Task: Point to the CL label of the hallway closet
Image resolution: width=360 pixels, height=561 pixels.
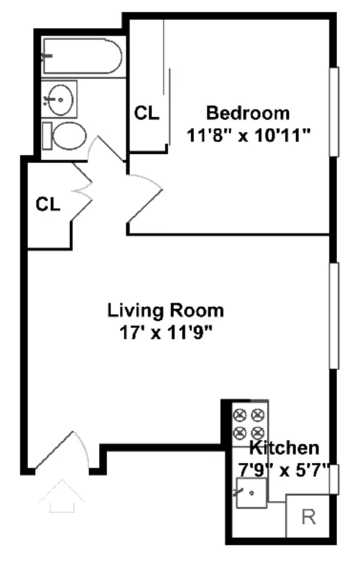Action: click(48, 204)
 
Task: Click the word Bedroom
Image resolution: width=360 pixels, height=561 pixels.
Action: click(248, 113)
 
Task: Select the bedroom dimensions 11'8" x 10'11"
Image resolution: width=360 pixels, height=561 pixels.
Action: click(248, 135)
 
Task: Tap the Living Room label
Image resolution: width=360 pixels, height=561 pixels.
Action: click(165, 310)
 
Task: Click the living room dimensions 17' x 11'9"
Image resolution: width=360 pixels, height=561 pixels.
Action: click(165, 333)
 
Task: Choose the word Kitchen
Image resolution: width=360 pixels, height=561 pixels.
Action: click(284, 448)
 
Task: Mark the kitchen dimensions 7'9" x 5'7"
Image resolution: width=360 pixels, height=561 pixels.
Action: click(284, 470)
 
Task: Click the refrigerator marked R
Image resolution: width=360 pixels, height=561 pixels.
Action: click(307, 517)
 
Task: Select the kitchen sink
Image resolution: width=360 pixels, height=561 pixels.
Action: click(251, 493)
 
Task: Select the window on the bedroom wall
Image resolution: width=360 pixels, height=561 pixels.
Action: click(334, 111)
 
